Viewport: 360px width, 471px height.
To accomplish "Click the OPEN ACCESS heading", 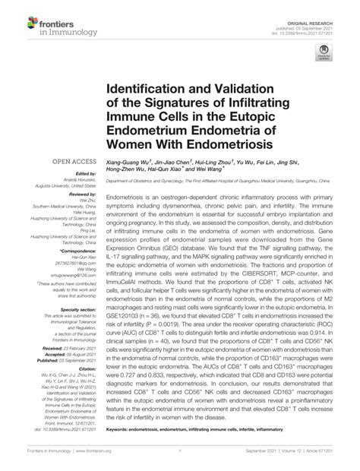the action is pos(71,162).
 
